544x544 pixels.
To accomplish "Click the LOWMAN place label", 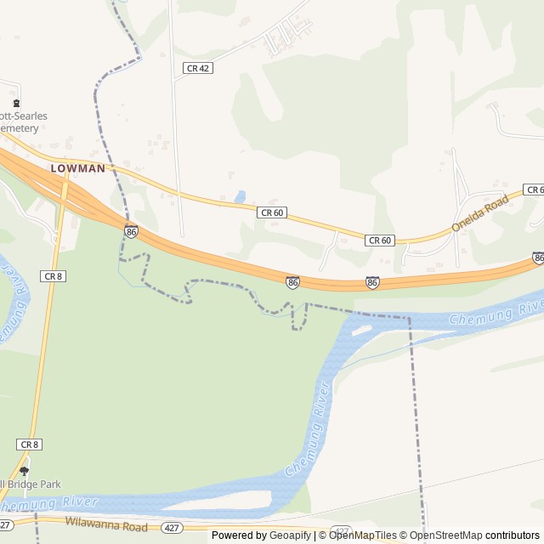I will [77, 168].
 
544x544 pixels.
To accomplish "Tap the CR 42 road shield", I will [197, 68].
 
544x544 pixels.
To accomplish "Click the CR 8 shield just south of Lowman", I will [53, 276].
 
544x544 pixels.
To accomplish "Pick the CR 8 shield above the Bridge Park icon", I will [29, 445].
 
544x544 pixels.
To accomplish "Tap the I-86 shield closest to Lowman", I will [131, 230].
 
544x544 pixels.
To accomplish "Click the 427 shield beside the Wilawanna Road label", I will [172, 529].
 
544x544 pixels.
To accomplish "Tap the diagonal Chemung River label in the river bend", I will [308, 440].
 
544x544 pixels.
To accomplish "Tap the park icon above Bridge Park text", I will [24, 470].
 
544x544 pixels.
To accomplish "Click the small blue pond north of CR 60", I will [241, 196].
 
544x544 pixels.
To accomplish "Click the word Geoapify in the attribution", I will [290, 535].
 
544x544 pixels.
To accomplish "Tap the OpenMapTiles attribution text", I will [362, 535].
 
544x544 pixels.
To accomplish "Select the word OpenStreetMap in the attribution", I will [446, 535].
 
